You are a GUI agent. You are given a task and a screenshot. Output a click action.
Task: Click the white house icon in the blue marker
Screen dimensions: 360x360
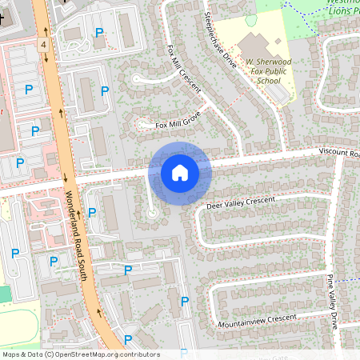[179, 173]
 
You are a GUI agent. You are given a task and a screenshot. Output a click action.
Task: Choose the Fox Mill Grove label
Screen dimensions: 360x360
[178, 121]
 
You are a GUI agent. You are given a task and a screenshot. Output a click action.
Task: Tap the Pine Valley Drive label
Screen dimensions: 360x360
[332, 301]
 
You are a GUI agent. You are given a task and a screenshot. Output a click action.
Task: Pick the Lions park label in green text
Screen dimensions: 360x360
[342, 9]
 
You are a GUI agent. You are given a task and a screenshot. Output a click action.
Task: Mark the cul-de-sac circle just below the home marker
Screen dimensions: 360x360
[152, 214]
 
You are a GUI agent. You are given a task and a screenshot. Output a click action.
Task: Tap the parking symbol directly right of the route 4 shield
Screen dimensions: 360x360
[99, 33]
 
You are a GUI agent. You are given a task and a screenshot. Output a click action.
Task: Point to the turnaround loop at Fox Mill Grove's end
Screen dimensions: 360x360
[141, 78]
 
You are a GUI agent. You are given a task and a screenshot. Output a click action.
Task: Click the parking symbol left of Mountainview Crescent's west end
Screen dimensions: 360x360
[185, 302]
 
